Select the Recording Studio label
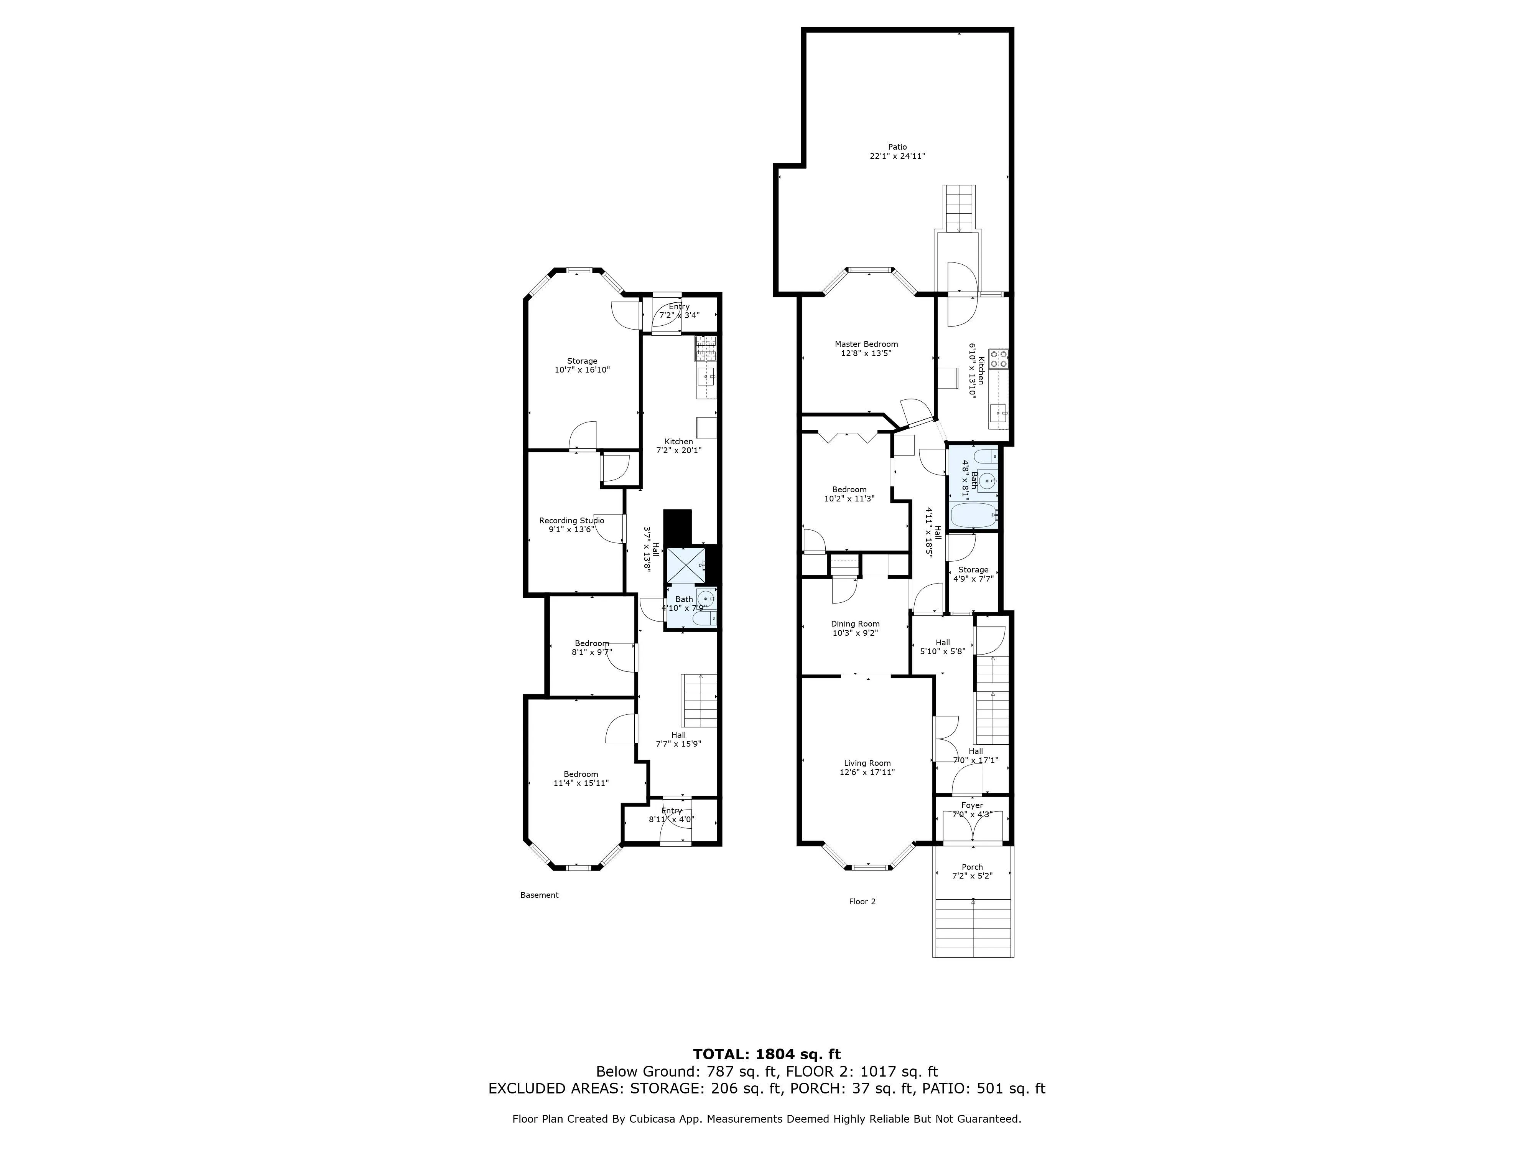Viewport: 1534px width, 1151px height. pyautogui.click(x=571, y=520)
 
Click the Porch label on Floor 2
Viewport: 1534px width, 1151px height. pyautogui.click(x=971, y=867)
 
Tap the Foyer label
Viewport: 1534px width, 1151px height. pyautogui.click(x=971, y=805)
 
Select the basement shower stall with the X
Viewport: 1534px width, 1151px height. pyautogui.click(x=686, y=565)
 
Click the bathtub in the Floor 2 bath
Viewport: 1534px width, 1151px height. pyautogui.click(x=973, y=516)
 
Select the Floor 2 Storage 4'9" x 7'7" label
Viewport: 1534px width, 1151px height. pyautogui.click(x=973, y=570)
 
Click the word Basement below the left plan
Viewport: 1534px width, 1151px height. pyautogui.click(x=539, y=895)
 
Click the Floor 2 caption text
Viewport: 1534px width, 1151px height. pyautogui.click(x=862, y=901)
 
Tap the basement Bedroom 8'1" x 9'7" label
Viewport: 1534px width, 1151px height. pyautogui.click(x=591, y=643)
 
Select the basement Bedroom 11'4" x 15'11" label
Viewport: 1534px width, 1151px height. pyautogui.click(x=581, y=774)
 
